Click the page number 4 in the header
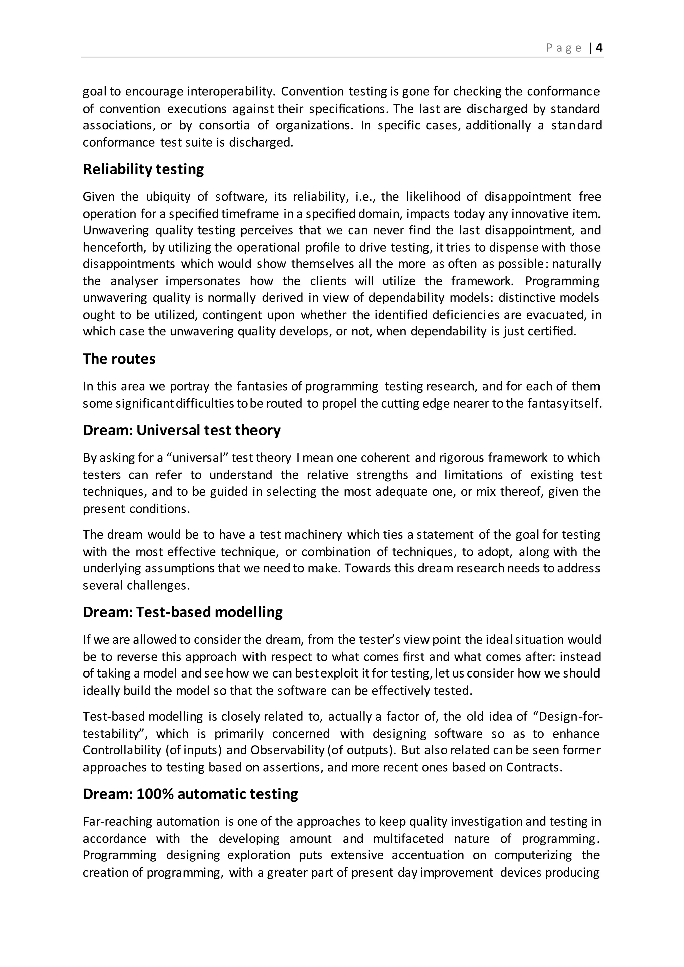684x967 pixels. [x=600, y=48]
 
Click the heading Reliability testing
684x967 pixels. [x=143, y=169]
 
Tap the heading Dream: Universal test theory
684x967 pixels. [x=182, y=430]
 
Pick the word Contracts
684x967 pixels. [x=534, y=767]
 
